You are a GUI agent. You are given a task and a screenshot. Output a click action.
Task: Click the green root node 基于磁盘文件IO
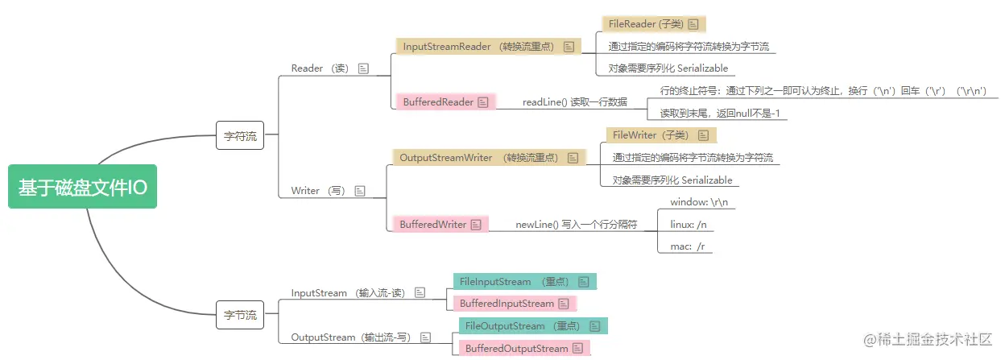point(82,187)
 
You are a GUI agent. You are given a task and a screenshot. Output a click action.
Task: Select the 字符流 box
point(240,136)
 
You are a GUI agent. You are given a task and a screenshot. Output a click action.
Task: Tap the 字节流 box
point(240,315)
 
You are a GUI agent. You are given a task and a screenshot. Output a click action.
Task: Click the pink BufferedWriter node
point(440,225)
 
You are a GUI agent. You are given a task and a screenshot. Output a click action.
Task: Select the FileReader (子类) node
point(653,24)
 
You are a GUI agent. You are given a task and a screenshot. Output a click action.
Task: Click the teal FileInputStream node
point(524,282)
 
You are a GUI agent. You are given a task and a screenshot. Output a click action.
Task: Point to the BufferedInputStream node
point(515,304)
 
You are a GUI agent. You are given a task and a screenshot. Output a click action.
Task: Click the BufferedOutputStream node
point(523,349)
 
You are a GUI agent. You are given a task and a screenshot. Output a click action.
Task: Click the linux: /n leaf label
point(689,224)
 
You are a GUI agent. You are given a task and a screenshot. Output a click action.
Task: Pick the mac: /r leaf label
point(688,246)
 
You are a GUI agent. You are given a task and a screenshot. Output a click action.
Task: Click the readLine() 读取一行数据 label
point(574,102)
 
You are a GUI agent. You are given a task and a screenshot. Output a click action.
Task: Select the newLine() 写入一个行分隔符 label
point(576,225)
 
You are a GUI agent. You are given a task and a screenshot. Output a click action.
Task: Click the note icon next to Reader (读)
point(363,69)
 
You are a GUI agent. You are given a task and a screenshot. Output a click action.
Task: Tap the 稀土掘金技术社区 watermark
point(927,341)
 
